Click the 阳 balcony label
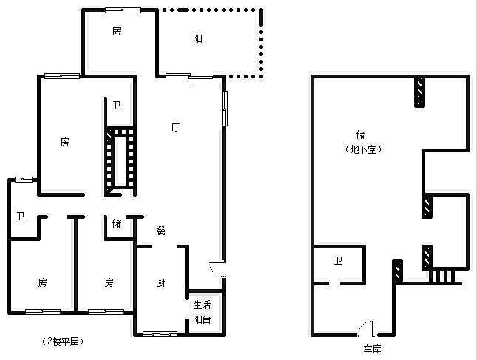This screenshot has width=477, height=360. (197, 38)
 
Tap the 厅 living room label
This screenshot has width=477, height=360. (175, 127)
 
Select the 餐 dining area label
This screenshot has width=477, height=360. (160, 230)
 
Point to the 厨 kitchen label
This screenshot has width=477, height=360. (160, 283)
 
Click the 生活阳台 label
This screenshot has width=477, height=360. (203, 312)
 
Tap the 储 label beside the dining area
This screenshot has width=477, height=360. (117, 223)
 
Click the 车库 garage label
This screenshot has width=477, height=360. (372, 349)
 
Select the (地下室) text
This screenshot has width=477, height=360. (363, 149)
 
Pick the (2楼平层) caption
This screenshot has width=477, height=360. (63, 341)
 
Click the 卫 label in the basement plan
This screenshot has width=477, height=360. (338, 260)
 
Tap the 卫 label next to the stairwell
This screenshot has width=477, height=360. (117, 105)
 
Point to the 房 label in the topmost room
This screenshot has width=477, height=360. (117, 31)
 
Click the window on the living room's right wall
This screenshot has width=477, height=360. (225, 108)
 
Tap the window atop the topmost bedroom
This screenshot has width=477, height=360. (123, 10)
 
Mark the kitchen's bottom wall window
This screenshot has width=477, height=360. (160, 334)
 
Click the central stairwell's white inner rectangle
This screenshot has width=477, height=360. (120, 161)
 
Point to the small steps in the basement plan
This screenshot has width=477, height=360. (442, 276)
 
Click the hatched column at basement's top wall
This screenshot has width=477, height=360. (419, 92)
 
